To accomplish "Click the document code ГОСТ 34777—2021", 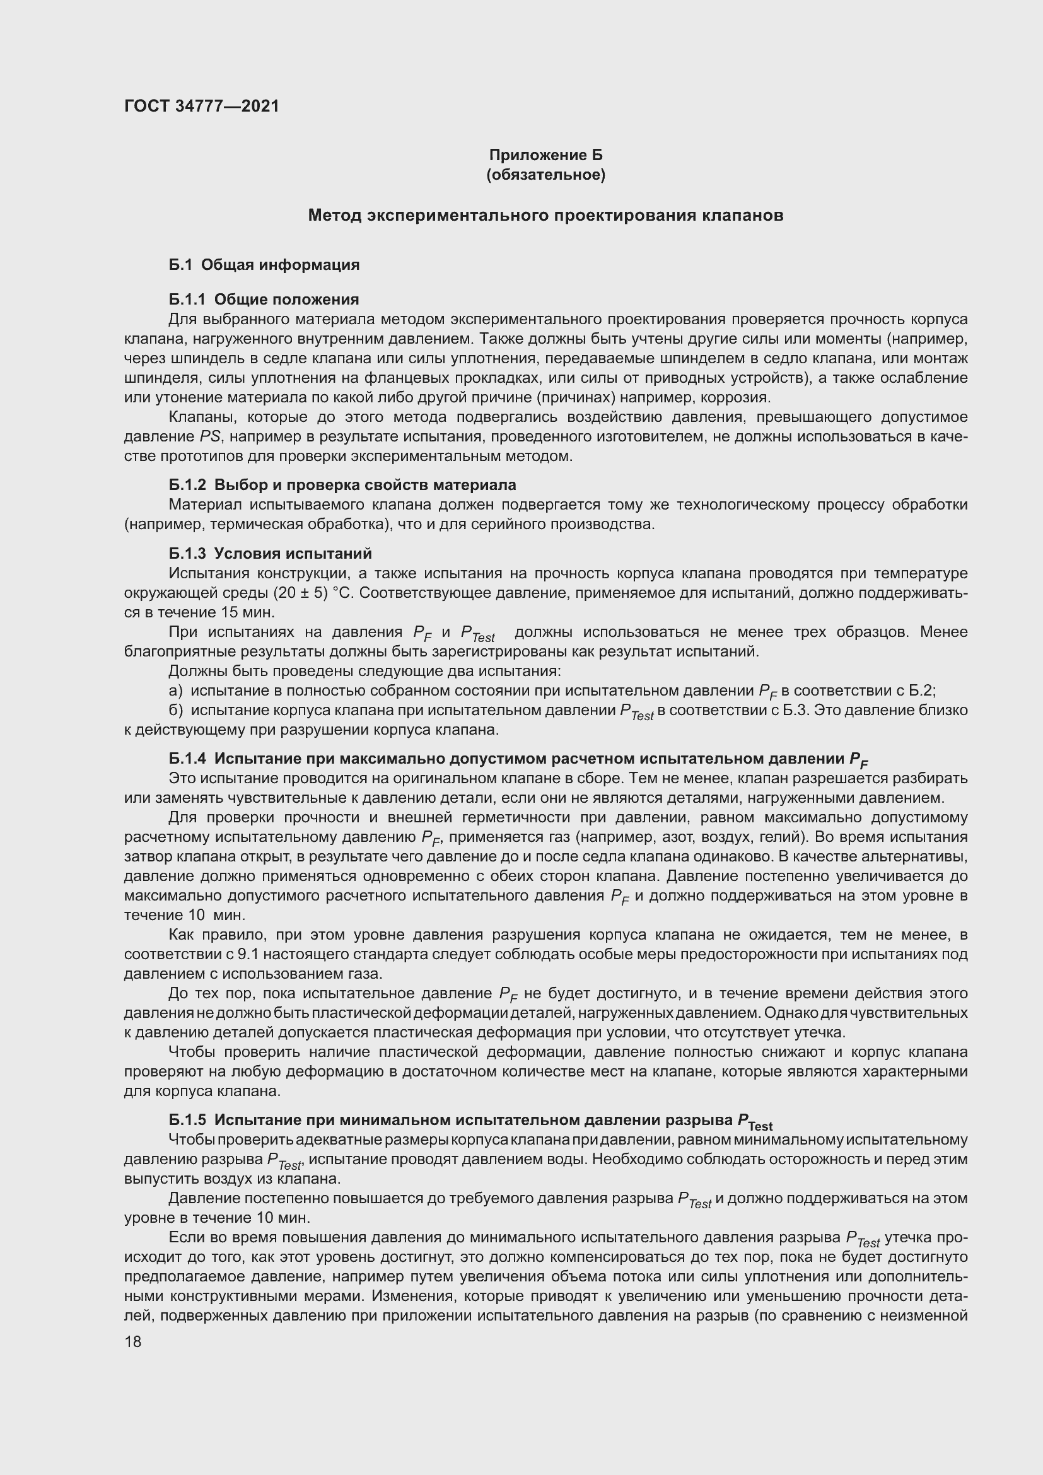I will click(x=202, y=106).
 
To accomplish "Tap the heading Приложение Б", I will click(x=546, y=155).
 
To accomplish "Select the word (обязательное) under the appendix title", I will click(x=546, y=175).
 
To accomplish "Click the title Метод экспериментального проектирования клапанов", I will click(x=545, y=215).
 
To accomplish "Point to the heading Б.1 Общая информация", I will click(x=264, y=265).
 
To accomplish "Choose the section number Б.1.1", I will click(x=187, y=300).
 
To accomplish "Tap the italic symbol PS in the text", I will click(x=209, y=438).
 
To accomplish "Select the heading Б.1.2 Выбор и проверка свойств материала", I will click(x=342, y=485).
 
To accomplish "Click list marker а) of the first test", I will click(x=175, y=691).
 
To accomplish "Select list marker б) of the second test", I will click(x=175, y=711).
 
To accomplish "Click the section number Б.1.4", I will click(x=187, y=759).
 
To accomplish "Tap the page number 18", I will click(x=133, y=1341).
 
